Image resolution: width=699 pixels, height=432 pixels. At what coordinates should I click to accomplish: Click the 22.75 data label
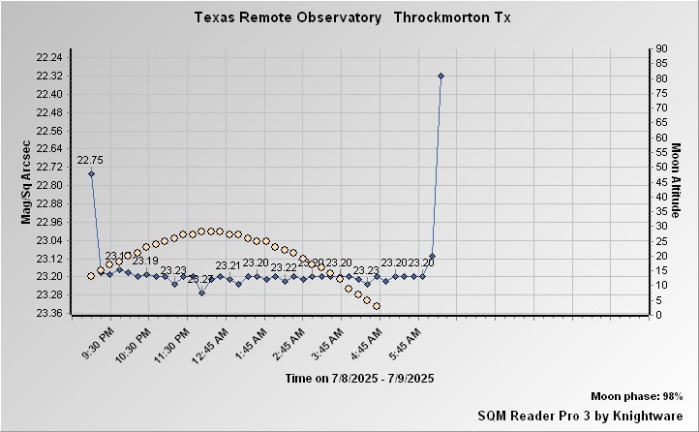pos(90,160)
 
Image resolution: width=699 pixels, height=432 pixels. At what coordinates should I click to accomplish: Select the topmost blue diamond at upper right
pos(441,76)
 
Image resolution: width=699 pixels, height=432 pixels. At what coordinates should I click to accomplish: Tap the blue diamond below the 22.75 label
pos(91,174)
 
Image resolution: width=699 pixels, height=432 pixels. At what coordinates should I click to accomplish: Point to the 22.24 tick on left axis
pos(48,57)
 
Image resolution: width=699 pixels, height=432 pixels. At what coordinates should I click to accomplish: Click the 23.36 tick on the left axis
pos(48,313)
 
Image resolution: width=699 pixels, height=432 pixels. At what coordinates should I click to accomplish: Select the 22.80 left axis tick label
pos(48,185)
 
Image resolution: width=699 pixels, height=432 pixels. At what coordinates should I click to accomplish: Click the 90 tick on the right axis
pos(661,48)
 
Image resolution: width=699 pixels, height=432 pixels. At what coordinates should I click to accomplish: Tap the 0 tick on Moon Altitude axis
pos(658,315)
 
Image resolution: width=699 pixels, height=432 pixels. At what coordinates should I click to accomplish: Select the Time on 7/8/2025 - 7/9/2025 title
pos(359,377)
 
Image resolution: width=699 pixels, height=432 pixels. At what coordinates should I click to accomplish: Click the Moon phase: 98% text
pos(637,397)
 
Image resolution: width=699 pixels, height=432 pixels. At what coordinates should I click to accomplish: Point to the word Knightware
pos(650,415)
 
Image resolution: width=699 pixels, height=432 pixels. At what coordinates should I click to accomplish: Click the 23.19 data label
pos(145,262)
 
